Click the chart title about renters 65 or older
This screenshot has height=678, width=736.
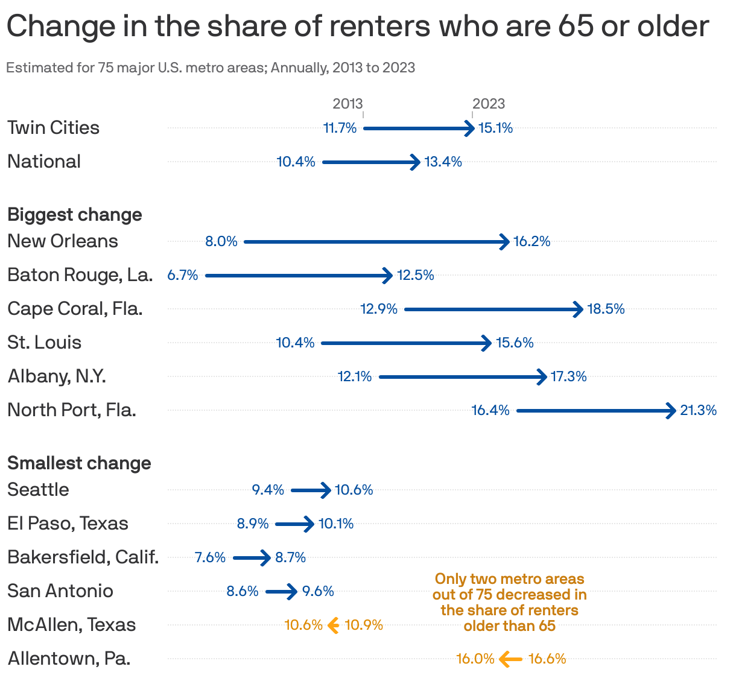pyautogui.click(x=357, y=27)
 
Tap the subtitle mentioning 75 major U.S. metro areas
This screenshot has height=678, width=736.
pyautogui.click(x=211, y=68)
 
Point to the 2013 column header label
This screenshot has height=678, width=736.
pyautogui.click(x=347, y=104)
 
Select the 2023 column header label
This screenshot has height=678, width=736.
pyautogui.click(x=488, y=104)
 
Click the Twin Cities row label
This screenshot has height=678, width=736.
pyautogui.click(x=53, y=128)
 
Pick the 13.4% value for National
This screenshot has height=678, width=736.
pyautogui.click(x=443, y=162)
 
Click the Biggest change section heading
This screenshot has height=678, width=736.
pyautogui.click(x=75, y=215)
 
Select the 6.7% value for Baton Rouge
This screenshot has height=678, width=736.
pyautogui.click(x=183, y=275)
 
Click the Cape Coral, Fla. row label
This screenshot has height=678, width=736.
pyautogui.click(x=75, y=309)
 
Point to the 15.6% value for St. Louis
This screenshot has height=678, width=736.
pyautogui.click(x=515, y=343)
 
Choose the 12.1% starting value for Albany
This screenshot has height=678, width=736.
pyautogui.click(x=355, y=376)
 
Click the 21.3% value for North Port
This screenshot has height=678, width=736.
pyautogui.click(x=698, y=410)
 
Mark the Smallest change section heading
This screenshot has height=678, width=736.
pyautogui.click(x=79, y=463)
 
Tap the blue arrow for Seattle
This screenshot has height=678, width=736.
pyautogui.click(x=311, y=490)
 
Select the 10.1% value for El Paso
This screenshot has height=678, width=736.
pyautogui.click(x=336, y=524)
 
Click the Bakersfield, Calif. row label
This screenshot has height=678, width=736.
pyautogui.click(x=83, y=557)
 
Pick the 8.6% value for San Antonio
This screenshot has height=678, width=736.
pyautogui.click(x=243, y=591)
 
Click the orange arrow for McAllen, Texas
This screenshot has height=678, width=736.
pyautogui.click(x=333, y=626)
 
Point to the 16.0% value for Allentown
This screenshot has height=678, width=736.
pyautogui.click(x=475, y=659)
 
